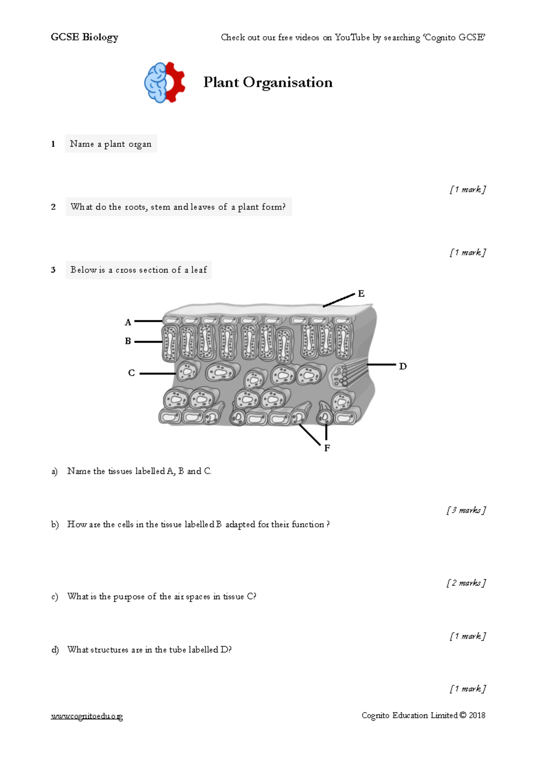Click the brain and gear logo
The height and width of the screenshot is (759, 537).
[x=164, y=83]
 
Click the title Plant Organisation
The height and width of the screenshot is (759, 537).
[x=268, y=82]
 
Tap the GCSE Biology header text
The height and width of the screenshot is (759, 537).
[x=85, y=37]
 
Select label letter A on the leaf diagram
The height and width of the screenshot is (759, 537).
[x=128, y=322]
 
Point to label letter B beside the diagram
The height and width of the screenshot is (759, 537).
[x=128, y=341]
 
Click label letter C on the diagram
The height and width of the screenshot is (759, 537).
[x=131, y=373]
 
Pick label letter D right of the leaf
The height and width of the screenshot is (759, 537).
[x=403, y=367]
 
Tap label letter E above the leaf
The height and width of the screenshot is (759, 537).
[x=361, y=294]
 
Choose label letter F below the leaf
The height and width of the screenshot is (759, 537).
[x=327, y=448]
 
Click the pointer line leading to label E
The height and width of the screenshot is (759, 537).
[x=339, y=300]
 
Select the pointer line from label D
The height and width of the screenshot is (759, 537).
[x=381, y=365]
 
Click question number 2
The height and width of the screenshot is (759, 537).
[x=53, y=207]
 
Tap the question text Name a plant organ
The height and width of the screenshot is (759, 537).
[x=111, y=144]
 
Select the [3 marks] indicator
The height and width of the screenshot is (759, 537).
[x=466, y=510]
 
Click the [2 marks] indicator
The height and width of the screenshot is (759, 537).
[x=466, y=583]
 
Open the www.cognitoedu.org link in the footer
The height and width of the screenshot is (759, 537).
[x=87, y=716]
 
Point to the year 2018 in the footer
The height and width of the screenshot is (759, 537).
[x=477, y=715]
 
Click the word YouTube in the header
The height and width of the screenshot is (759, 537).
[x=352, y=38]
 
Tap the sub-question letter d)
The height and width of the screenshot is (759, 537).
[x=55, y=650]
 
